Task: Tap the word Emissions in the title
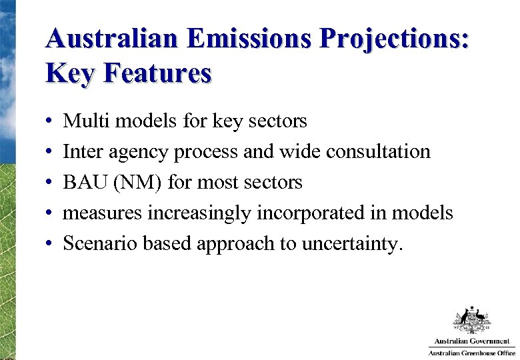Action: (x=249, y=39)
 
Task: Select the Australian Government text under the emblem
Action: (x=471, y=341)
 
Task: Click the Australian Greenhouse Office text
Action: (x=471, y=353)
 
